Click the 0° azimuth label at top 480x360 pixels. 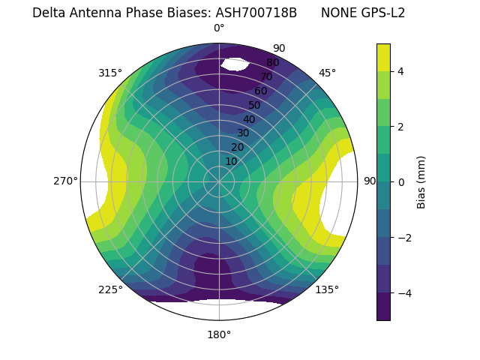[x=219, y=28]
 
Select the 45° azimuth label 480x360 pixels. [x=327, y=73]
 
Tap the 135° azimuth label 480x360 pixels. [x=327, y=289]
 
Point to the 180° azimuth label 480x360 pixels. [x=219, y=334]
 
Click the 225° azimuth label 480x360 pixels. [x=110, y=289]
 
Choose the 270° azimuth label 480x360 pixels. [x=65, y=181]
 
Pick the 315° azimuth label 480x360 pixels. [x=110, y=73]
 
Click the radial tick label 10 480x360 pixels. [x=231, y=161]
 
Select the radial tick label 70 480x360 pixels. [x=266, y=76]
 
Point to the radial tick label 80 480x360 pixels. [x=272, y=63]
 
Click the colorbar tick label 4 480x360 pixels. [x=401, y=71]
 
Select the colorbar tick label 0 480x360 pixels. [x=401, y=182]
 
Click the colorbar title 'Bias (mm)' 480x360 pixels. [x=421, y=182]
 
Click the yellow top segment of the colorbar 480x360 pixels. [x=383, y=57]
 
